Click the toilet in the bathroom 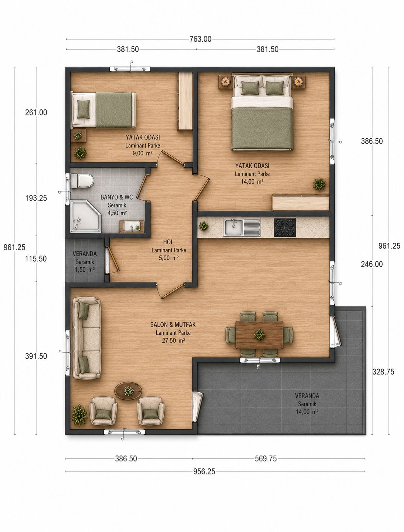click(82, 181)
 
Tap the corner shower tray click(86, 216)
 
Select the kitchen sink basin click(233, 227)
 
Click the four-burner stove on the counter click(285, 227)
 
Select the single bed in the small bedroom click(103, 110)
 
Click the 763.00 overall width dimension click(200, 39)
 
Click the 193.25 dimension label click(36, 198)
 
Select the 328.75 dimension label click(383, 372)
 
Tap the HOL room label click(168, 242)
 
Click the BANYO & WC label click(117, 197)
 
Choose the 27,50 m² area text click(173, 340)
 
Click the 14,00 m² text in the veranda click(307, 411)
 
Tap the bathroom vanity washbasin click(132, 226)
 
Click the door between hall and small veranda click(113, 259)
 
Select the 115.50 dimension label click(36, 259)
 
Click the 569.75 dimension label click(266, 458)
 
